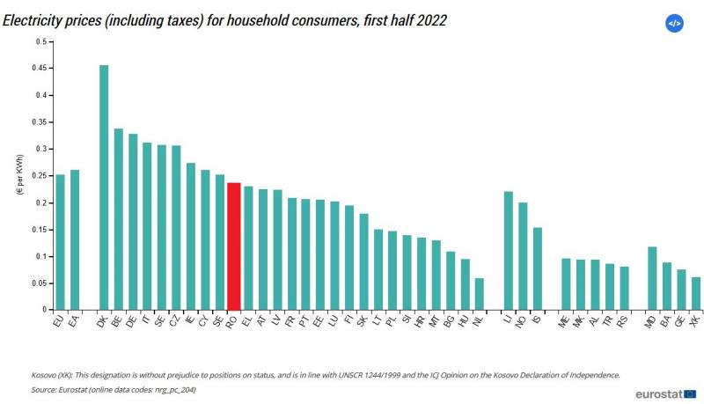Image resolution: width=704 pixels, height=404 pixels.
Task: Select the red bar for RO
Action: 234,246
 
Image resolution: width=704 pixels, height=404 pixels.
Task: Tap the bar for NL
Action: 479,294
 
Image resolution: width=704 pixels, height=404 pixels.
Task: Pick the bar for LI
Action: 508,251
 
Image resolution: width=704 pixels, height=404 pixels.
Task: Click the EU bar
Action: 60,242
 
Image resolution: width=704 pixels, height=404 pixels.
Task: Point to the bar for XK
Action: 696,293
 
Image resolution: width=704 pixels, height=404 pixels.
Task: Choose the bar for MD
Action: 652,278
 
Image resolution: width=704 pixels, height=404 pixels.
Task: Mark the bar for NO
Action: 523,256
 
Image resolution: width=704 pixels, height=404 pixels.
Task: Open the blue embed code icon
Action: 674,24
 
